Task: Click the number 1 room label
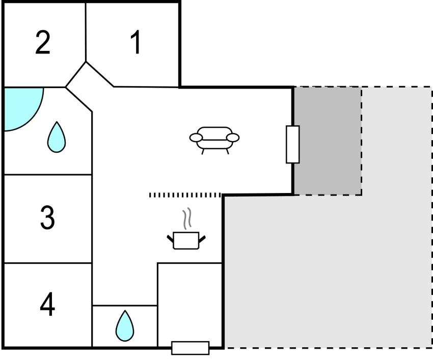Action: [x=135, y=43]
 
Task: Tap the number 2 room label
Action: [x=43, y=43]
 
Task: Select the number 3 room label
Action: [x=47, y=218]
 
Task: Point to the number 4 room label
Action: [x=47, y=305]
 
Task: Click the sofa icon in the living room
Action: [x=214, y=138]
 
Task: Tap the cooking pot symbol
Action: [x=186, y=240]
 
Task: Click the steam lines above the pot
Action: [x=187, y=218]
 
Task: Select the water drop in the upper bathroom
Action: [x=57, y=137]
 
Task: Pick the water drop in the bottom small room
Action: [x=124, y=325]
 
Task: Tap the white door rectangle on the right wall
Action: [x=292, y=144]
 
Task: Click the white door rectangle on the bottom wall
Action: [x=191, y=348]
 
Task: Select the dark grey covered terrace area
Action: [x=328, y=141]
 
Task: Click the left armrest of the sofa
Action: [x=196, y=137]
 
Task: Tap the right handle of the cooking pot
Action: [x=202, y=238]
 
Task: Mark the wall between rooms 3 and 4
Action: [x=47, y=263]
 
